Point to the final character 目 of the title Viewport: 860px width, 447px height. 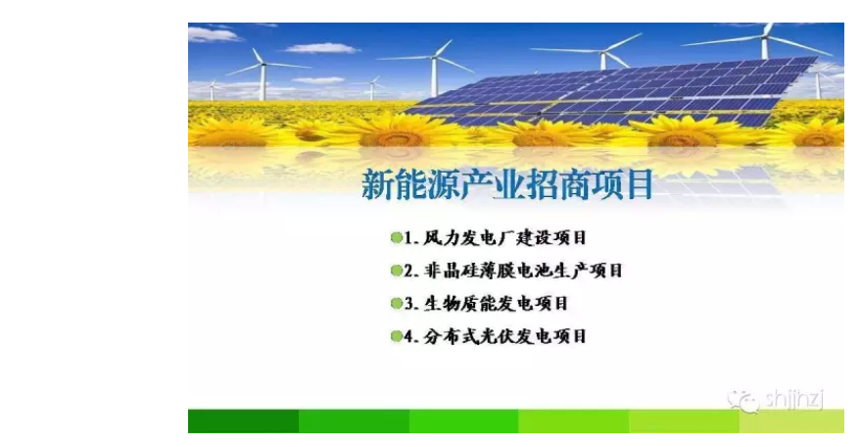point(638,184)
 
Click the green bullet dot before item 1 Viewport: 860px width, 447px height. point(396,238)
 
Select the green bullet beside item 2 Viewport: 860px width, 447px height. point(396,271)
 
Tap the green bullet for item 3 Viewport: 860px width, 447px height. point(396,303)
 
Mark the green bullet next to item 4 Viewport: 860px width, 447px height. point(396,336)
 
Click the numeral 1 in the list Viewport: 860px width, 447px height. point(408,238)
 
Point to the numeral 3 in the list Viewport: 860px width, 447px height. point(409,303)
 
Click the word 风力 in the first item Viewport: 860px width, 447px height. point(441,238)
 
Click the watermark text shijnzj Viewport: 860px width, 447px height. point(794,399)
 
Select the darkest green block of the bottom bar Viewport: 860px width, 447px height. point(244,422)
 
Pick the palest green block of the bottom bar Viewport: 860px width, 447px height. point(791,422)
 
